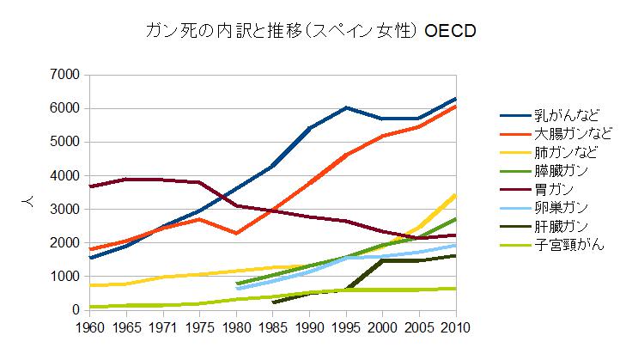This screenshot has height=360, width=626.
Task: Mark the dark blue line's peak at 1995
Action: pyautogui.click(x=346, y=107)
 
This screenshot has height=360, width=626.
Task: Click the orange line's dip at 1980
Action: pyautogui.click(x=236, y=233)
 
